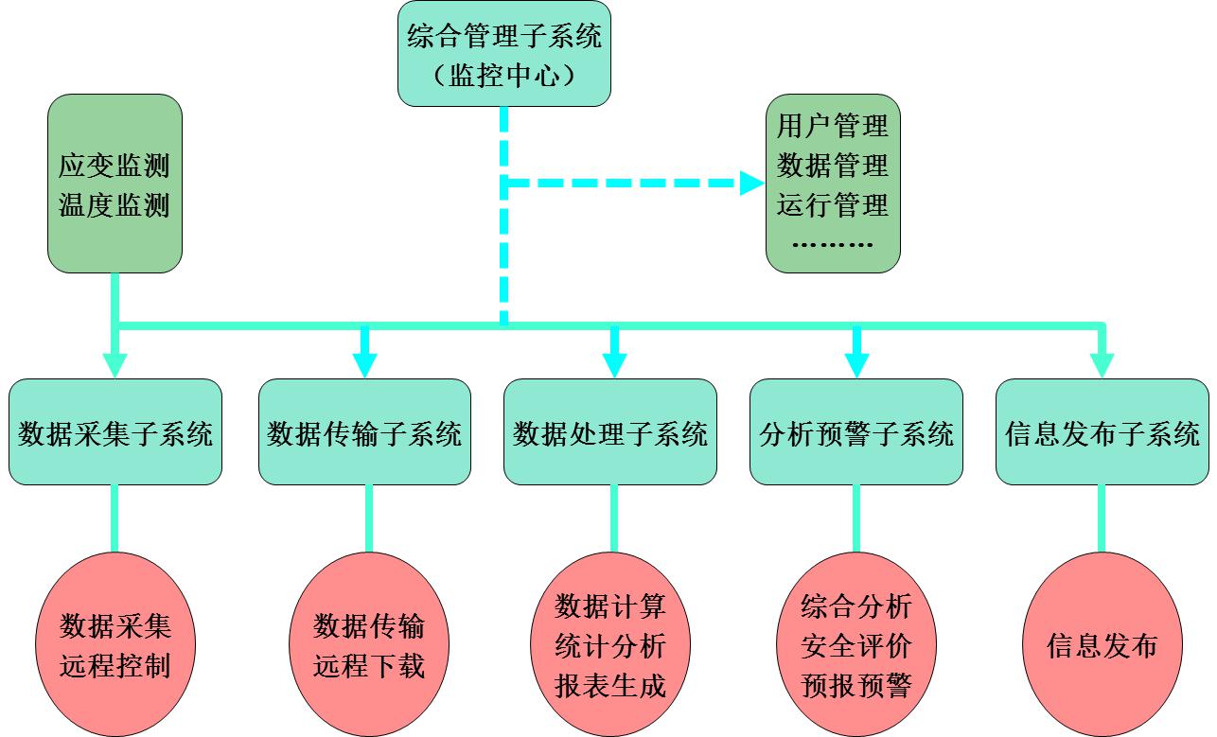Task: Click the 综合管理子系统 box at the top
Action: pos(503,54)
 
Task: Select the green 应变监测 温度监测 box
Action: pos(115,184)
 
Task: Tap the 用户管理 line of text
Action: pos(833,126)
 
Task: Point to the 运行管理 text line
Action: pos(833,205)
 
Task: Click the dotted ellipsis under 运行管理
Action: pos(833,244)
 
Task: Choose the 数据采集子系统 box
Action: pos(115,432)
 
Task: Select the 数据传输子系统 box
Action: pos(364,432)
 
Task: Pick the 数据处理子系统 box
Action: pos(610,432)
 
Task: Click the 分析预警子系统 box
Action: pos(856,432)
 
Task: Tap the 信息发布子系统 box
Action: pos(1102,432)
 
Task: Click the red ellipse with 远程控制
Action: pos(115,644)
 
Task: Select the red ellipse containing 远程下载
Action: pos(369,644)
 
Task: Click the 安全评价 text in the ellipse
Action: pos(856,646)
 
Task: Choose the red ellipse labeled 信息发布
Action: pos(1102,644)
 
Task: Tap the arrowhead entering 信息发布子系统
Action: pos(1102,365)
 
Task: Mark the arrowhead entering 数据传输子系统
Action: pos(365,365)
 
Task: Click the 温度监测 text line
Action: pos(115,205)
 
